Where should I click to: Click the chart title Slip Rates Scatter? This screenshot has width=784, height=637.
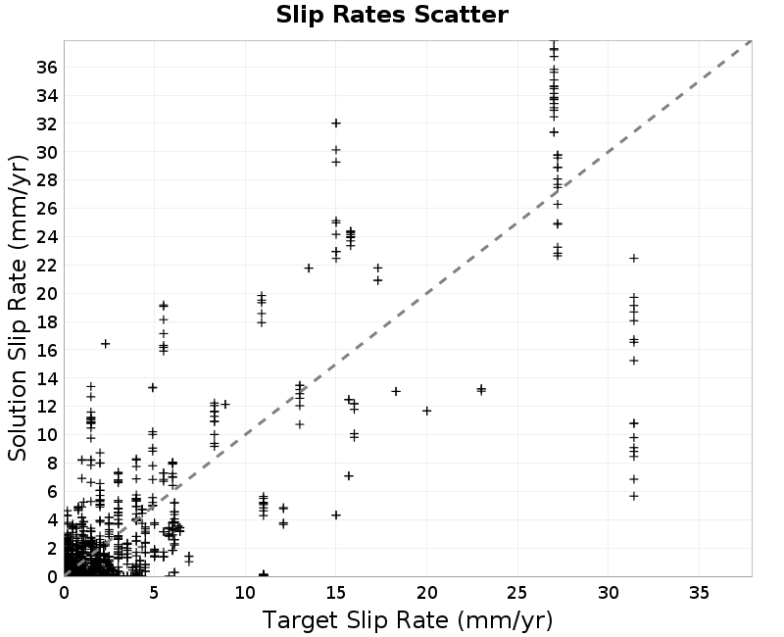tap(392, 15)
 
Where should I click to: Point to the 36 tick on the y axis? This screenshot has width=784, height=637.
tap(47, 67)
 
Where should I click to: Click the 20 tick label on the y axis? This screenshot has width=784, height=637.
tap(47, 293)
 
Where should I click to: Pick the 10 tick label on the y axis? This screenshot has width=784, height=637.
tap(47, 435)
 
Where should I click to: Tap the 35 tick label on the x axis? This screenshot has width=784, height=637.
tap(699, 593)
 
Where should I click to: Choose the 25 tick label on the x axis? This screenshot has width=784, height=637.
tap(517, 593)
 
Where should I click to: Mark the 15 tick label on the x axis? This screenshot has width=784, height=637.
tap(335, 593)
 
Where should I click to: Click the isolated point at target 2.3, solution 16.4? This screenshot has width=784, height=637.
tap(105, 344)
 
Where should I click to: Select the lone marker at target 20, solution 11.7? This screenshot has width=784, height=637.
tap(426, 411)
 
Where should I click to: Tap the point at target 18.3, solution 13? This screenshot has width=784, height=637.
tap(396, 391)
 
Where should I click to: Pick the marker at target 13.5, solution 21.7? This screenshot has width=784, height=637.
tap(309, 269)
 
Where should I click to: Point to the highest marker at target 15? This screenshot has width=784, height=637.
tap(336, 123)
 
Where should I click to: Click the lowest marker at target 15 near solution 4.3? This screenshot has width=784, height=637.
tap(336, 515)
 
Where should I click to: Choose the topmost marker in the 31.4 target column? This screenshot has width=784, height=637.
tap(633, 258)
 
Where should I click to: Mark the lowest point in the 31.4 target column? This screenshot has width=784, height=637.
tap(633, 496)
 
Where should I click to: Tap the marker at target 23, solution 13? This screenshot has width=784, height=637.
tap(481, 389)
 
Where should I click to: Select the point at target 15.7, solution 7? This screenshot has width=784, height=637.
tap(349, 476)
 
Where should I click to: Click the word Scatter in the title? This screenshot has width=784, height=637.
tap(461, 15)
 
